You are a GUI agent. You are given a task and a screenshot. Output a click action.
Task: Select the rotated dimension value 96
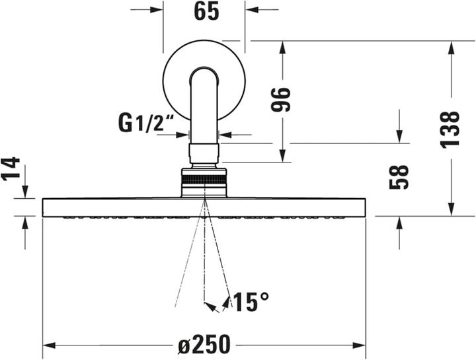pos(282,100)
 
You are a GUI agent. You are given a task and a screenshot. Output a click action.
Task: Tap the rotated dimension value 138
pos(450,129)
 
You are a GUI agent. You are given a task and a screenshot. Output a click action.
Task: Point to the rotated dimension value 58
pos(399,178)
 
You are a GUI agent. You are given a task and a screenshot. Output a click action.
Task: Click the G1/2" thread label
pos(145,122)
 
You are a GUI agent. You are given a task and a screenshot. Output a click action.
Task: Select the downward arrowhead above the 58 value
pos(399,136)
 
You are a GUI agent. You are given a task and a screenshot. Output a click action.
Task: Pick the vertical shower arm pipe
pos(204,106)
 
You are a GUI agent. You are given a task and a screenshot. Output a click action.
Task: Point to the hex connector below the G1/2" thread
pos(204,153)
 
